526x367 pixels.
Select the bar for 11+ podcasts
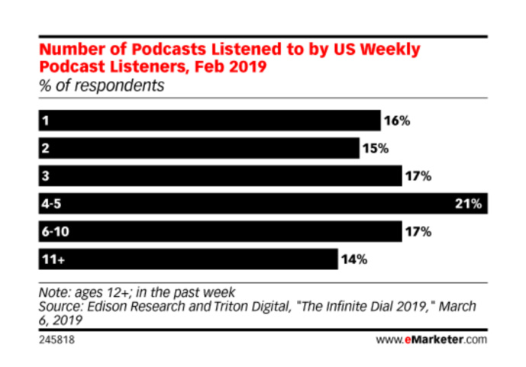187,259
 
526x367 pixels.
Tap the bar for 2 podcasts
198,148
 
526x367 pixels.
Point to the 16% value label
397,121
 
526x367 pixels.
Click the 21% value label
467,204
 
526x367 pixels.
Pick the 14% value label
354,259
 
